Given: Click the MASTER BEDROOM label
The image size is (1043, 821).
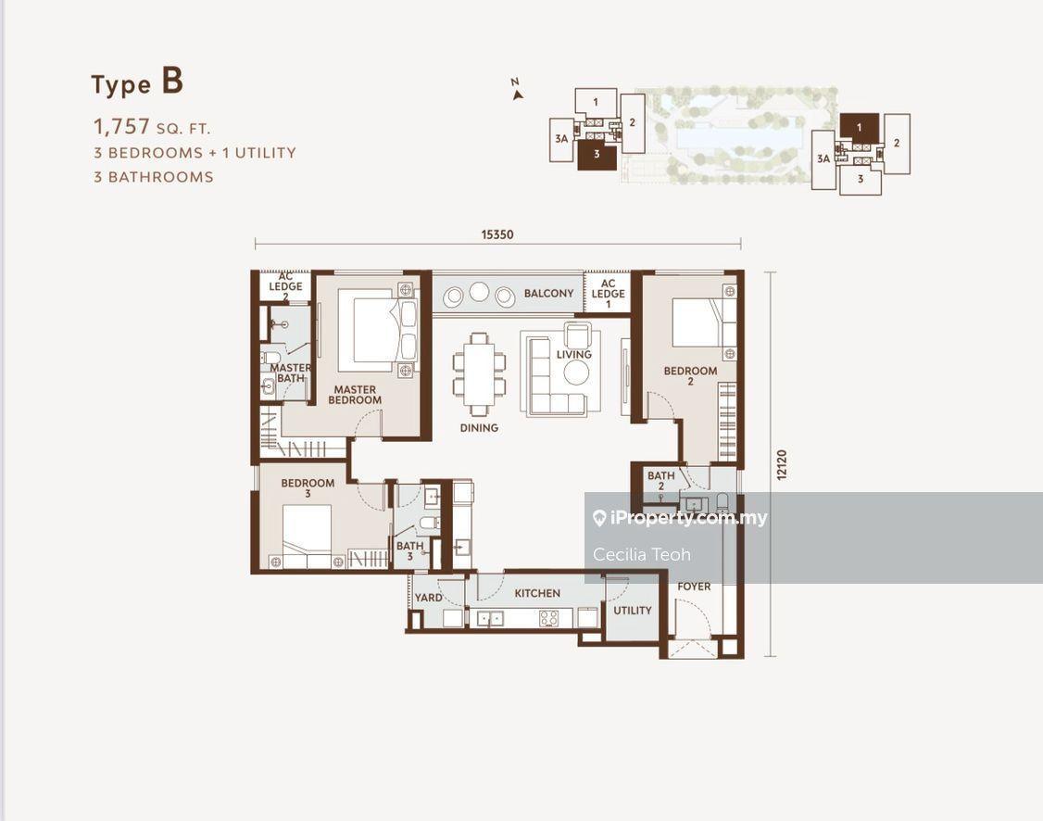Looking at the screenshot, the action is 355,395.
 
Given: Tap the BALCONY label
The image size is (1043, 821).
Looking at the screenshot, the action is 548,294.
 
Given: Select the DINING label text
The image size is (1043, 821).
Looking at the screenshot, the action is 479,428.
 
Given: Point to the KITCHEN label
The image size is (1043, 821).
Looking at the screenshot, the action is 537,593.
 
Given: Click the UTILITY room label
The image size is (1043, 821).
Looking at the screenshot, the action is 632,610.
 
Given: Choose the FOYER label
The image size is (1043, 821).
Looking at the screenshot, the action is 694,587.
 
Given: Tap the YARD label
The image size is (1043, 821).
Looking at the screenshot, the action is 428,598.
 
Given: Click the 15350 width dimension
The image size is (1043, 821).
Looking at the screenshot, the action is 497,234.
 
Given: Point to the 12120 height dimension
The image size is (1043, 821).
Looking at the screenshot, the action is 782,464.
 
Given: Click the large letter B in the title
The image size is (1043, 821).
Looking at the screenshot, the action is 172,82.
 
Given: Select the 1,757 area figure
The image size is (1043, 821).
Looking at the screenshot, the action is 121,126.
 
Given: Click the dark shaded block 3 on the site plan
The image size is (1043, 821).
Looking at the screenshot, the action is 597,154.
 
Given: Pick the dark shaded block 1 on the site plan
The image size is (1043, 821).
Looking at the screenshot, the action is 860,127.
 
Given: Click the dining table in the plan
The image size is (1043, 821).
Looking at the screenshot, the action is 479,374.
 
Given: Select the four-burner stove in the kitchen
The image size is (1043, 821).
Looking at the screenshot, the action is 548,618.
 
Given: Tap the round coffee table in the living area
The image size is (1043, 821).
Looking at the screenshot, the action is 576,373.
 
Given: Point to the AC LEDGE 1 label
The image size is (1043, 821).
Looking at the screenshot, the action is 608,294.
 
